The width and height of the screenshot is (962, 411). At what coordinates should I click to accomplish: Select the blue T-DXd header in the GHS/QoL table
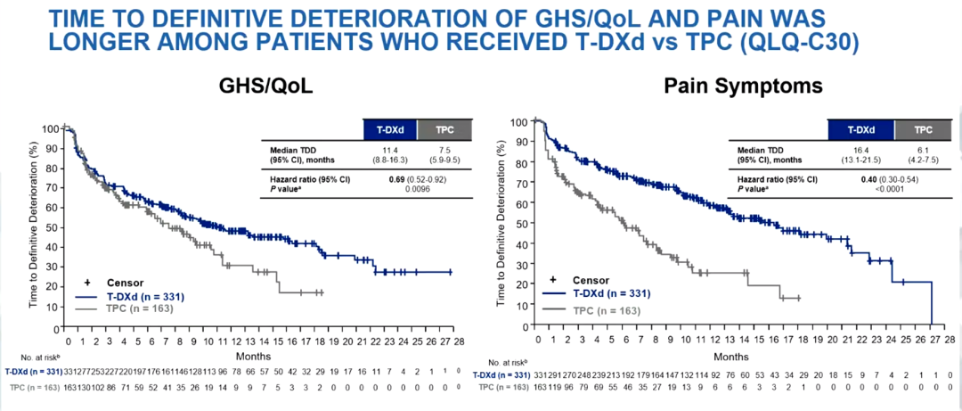pos(389,129)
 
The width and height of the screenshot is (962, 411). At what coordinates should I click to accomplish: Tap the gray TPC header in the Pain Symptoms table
pos(923,129)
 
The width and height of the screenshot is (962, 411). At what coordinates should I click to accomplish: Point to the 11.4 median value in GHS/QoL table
pos(389,149)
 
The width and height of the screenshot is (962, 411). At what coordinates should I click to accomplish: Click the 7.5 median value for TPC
pos(445,149)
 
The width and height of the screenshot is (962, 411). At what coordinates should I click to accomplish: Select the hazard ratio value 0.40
pos(851,178)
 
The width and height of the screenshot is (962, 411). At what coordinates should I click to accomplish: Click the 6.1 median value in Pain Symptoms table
pos(923,149)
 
